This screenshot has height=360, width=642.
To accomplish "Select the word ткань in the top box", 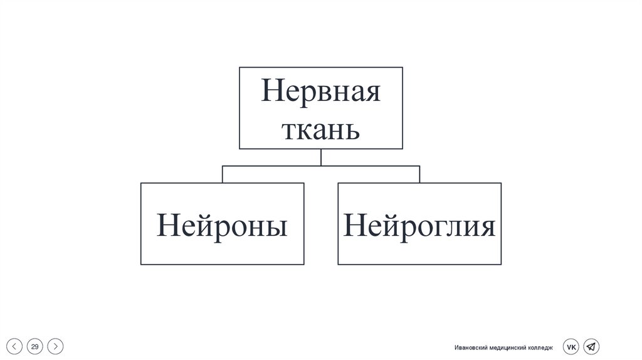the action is (x=320, y=130).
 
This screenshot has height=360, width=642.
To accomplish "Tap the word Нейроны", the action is (x=222, y=225).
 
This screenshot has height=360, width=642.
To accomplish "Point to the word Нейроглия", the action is (x=419, y=225).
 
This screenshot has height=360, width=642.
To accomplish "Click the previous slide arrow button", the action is (x=16, y=346).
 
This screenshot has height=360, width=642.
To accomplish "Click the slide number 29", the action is (x=35, y=346).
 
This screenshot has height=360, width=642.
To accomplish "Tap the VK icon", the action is (x=571, y=346).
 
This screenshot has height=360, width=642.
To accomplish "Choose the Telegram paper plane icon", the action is (x=591, y=346).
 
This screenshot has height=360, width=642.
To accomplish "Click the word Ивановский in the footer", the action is (x=472, y=347).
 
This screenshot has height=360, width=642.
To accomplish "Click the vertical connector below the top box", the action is (x=320, y=157).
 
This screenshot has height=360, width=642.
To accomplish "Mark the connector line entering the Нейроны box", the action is (x=223, y=174).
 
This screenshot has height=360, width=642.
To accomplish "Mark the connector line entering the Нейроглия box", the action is (x=419, y=174).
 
